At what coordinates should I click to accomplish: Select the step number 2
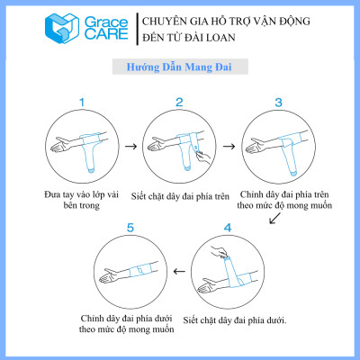(x=179, y=103)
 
